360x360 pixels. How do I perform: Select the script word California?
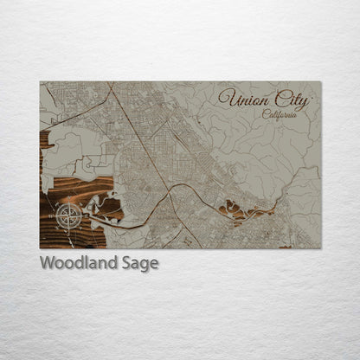[280, 113]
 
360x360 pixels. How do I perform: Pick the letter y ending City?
[303, 102]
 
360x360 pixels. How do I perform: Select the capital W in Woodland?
[48, 263]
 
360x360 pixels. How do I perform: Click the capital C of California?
[266, 113]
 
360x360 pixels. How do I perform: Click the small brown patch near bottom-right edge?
[285, 245]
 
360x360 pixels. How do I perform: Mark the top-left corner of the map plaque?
[40, 82]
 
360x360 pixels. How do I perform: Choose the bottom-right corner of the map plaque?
[320, 248]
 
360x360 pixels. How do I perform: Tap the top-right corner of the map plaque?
[320, 82]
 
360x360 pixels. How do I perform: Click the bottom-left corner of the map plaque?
[40, 248]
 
